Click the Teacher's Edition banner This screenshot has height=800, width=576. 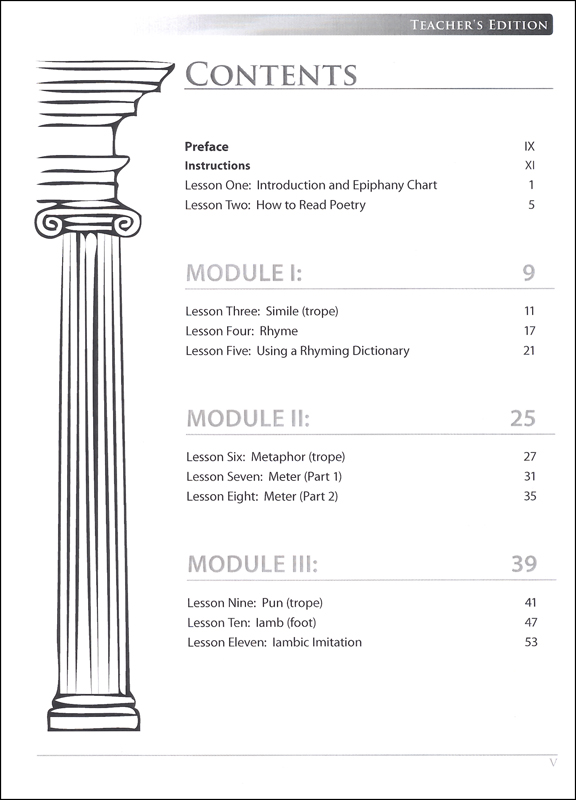479,24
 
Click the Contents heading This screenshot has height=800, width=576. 271,74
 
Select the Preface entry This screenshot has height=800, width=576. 207,146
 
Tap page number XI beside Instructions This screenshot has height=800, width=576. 530,165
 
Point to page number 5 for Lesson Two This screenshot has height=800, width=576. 531,205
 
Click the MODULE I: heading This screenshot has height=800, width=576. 244,273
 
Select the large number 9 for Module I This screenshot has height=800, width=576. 529,273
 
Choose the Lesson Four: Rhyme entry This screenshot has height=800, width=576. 241,331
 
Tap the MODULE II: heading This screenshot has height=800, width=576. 248,418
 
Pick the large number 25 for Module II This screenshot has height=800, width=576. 523,418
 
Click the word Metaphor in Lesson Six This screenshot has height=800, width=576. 278,457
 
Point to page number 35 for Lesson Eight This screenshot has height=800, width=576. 530,496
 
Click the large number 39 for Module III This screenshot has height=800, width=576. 524,564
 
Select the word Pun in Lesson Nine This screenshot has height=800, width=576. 272,603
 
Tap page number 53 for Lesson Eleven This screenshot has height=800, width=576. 531,642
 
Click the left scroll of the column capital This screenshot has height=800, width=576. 50,223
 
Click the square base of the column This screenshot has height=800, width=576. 94,719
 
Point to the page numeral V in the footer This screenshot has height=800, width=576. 553,763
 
